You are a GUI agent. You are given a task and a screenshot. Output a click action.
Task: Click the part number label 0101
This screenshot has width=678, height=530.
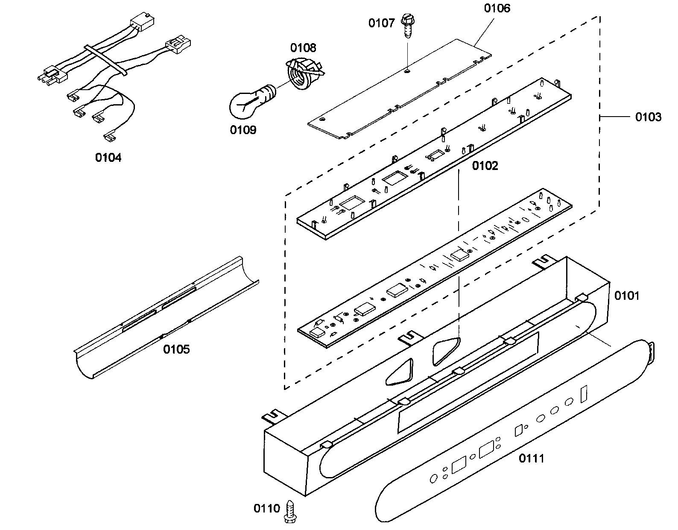click(x=626, y=296)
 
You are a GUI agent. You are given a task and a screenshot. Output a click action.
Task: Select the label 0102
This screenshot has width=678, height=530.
click(x=485, y=166)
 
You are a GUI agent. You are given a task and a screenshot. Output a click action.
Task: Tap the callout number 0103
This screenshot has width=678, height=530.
click(x=648, y=117)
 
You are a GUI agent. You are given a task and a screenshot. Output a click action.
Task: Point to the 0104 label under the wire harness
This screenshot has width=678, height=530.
click(x=108, y=158)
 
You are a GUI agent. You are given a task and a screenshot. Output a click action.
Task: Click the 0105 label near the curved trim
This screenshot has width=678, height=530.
click(x=176, y=349)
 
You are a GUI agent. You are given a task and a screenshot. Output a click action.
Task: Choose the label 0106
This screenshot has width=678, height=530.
click(x=497, y=8)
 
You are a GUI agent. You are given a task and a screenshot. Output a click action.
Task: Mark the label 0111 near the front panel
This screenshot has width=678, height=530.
click(x=532, y=459)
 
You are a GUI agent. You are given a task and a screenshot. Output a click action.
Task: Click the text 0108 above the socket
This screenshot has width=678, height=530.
click(x=304, y=47)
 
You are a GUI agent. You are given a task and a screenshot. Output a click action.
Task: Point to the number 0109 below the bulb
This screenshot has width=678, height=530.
click(x=243, y=129)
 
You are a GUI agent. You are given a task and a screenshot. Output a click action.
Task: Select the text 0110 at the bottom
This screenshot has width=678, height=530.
click(x=267, y=508)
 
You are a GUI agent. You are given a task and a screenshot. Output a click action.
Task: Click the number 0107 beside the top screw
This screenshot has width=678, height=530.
click(x=381, y=23)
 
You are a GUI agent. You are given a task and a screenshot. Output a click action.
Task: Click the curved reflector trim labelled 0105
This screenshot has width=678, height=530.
click(x=167, y=316)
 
